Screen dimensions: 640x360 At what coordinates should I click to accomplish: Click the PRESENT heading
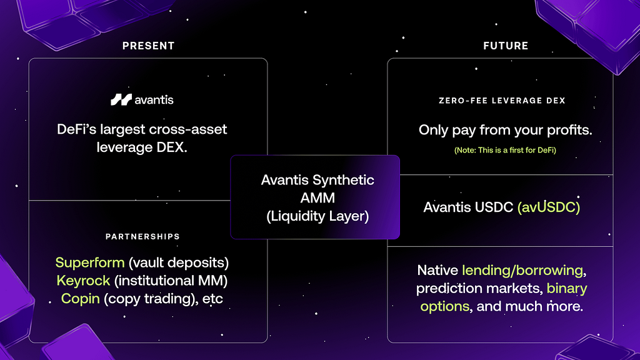(x=148, y=46)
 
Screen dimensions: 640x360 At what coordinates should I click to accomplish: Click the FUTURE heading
(x=506, y=46)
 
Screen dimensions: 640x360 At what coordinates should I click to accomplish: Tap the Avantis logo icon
(x=121, y=99)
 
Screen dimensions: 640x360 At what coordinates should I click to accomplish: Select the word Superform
(x=90, y=262)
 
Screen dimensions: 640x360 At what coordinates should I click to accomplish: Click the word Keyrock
(x=83, y=281)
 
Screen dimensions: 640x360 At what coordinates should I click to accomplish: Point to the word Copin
(x=81, y=299)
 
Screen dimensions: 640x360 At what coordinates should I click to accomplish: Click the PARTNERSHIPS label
(x=142, y=237)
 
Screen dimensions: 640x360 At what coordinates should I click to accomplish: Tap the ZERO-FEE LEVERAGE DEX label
(x=502, y=101)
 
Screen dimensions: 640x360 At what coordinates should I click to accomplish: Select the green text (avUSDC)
(x=549, y=207)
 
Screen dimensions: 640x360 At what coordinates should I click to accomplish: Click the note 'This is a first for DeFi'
(x=505, y=150)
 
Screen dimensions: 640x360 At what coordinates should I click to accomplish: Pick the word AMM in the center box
(x=317, y=198)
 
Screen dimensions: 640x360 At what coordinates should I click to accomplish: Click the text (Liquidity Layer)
(x=317, y=216)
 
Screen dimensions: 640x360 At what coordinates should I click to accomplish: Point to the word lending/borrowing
(x=522, y=270)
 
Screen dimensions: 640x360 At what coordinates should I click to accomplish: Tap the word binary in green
(x=567, y=289)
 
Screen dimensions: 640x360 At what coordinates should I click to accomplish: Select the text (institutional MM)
(x=171, y=281)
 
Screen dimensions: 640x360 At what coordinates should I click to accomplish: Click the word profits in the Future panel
(x=569, y=130)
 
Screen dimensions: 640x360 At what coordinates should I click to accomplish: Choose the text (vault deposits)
(x=179, y=262)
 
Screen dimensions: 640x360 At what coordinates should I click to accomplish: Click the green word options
(x=445, y=306)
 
